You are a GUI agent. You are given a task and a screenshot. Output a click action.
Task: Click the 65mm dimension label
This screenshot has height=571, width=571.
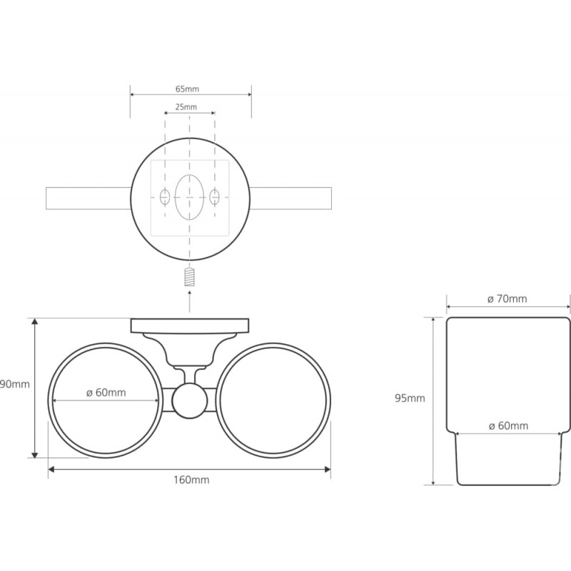tap(187, 89)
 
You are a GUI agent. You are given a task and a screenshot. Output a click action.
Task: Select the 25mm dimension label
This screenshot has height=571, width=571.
tap(186, 107)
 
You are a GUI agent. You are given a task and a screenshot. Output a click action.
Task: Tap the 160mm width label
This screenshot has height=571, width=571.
tap(191, 480)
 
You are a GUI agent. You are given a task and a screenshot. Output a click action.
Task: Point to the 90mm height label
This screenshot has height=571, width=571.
tap(15, 385)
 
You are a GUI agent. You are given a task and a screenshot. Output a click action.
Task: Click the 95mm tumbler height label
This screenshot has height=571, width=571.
tap(410, 398)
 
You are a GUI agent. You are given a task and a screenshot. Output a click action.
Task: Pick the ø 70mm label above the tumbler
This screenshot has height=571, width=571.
tap(507, 299)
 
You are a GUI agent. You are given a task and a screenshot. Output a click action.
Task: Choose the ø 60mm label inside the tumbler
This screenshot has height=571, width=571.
tap(508, 425)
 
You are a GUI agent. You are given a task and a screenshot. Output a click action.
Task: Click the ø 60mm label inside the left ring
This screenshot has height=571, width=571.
tap(106, 393)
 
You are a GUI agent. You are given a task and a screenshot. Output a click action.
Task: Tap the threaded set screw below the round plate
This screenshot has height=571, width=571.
tap(189, 277)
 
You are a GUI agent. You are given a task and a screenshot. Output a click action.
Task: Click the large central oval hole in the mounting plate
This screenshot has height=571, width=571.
tap(189, 198)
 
